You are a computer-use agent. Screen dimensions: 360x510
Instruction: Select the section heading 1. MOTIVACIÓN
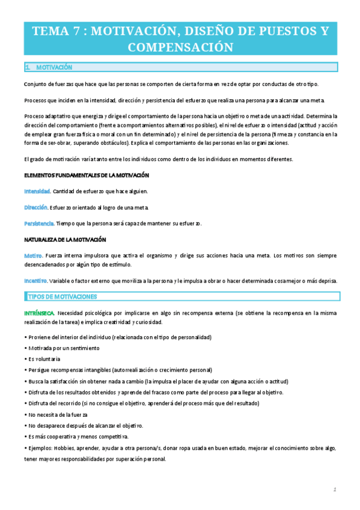point(49,67)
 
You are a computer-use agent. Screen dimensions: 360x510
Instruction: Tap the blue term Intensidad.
point(37,191)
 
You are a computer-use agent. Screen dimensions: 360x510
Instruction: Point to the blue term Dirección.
point(36,207)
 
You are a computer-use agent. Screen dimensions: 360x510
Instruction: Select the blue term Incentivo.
point(36,280)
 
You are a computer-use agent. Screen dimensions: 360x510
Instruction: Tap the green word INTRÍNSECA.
point(40,313)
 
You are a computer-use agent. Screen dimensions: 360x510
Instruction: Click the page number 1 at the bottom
point(334,489)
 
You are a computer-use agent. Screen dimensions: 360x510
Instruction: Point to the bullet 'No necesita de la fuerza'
point(57,415)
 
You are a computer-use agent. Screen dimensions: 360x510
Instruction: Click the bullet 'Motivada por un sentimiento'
point(63,348)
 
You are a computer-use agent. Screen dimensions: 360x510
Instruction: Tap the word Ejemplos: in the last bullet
point(39,448)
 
